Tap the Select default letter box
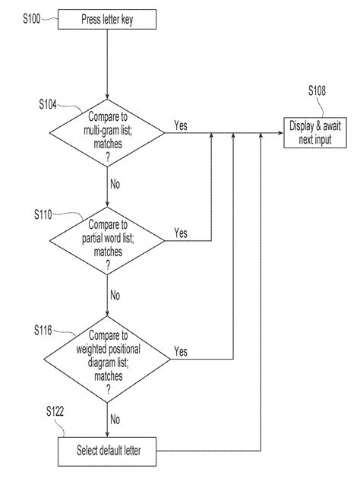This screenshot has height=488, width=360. tap(109, 452)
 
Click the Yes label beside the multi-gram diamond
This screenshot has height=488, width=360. tap(182, 125)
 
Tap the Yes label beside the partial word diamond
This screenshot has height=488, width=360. tap(182, 233)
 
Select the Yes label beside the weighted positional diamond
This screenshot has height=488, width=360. tap(182, 351)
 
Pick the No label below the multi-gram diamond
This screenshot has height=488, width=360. tap(115, 184)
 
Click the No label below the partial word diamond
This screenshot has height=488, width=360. tap(115, 294)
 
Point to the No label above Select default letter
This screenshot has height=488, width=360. tap(115, 418)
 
